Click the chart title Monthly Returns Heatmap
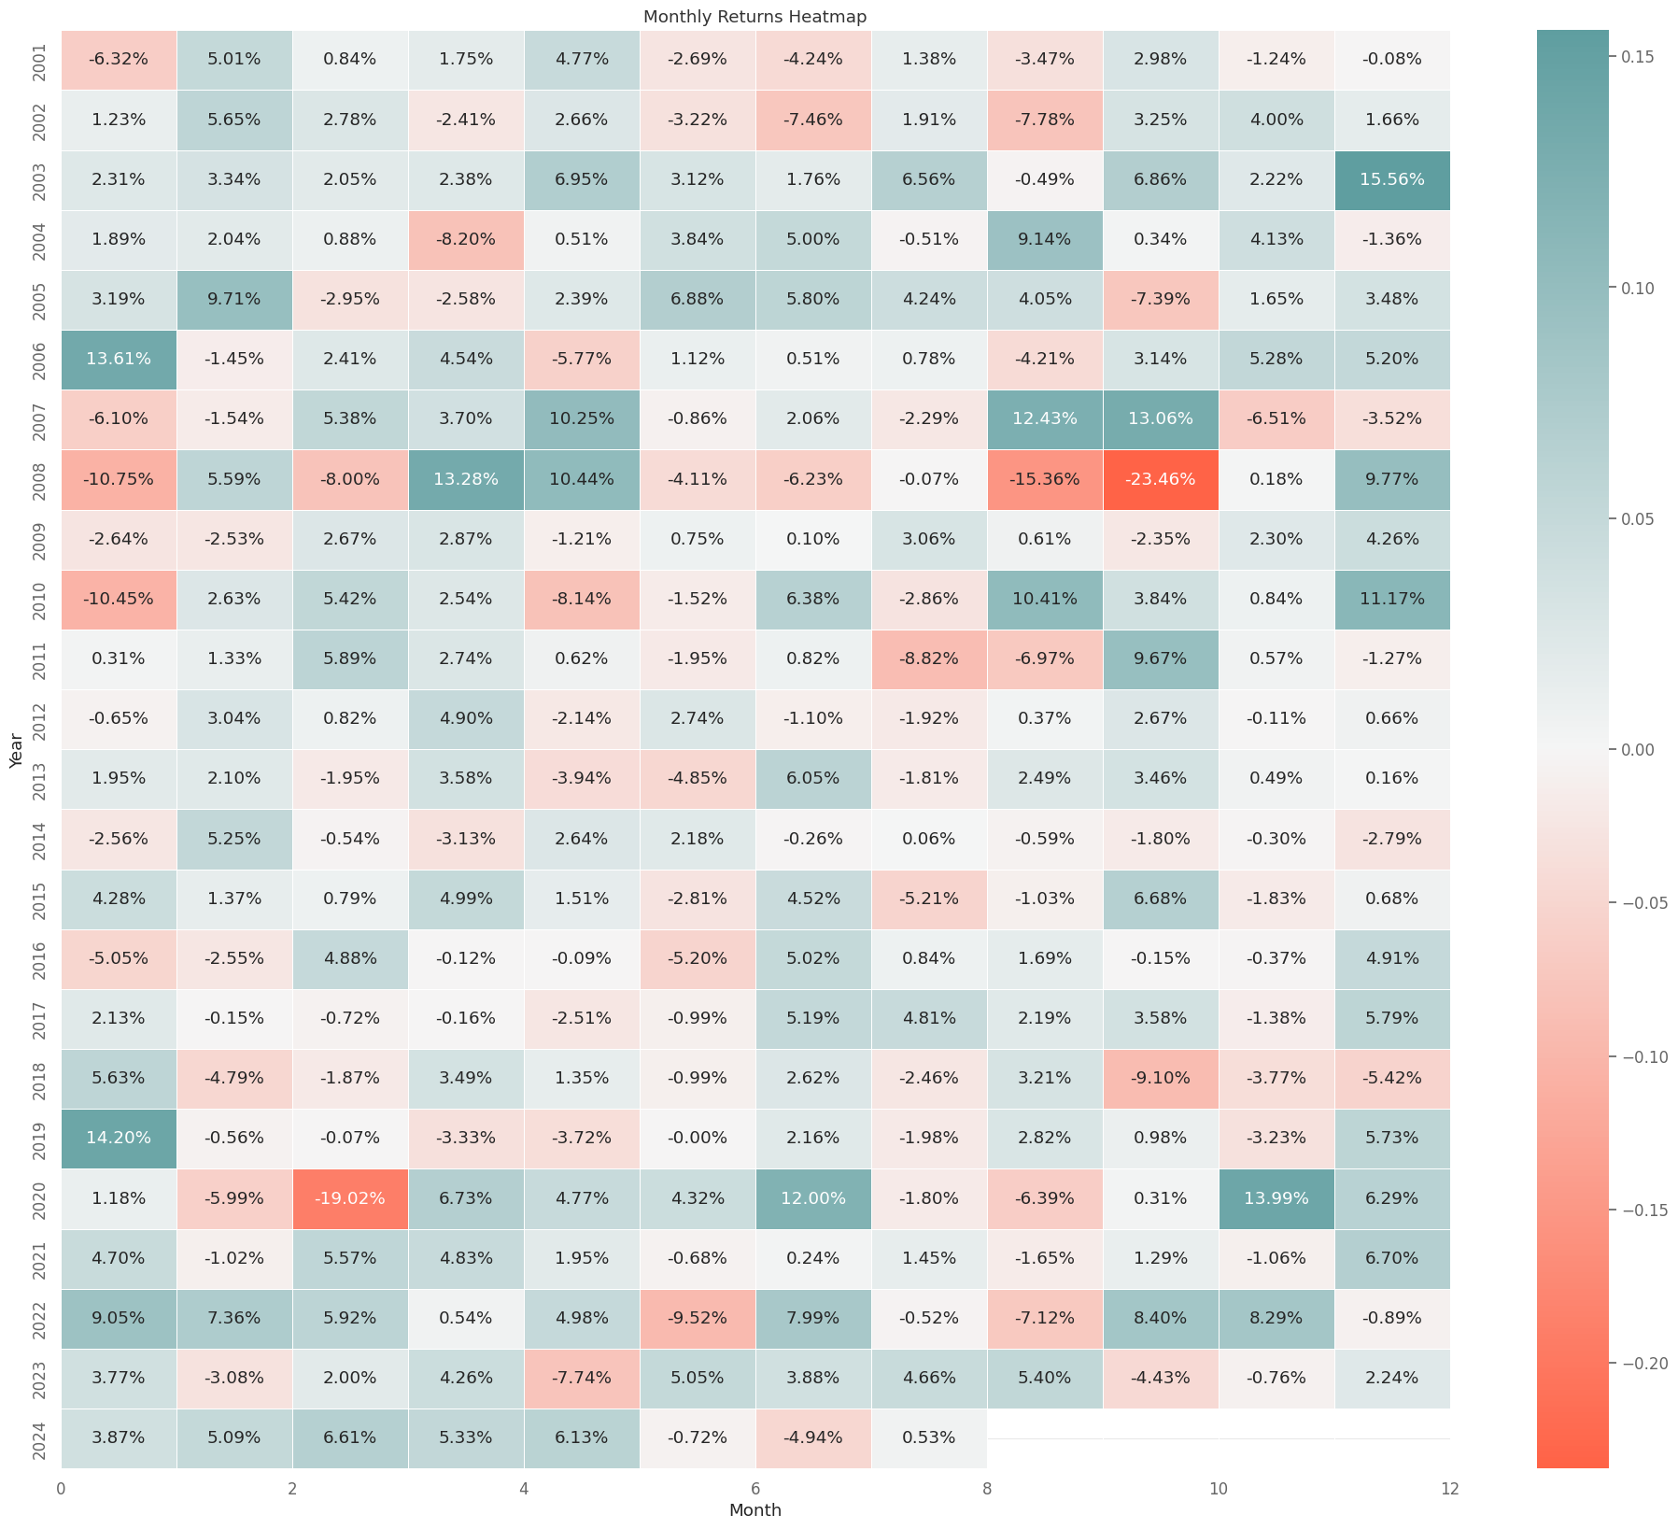coord(754,16)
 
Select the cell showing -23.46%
coord(1160,479)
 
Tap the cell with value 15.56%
coord(1391,179)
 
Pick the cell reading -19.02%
coord(349,1198)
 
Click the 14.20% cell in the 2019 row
coord(118,1138)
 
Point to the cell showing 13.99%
coord(1276,1198)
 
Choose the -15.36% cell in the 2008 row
coord(1044,479)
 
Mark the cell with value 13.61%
coord(118,359)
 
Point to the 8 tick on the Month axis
coord(987,1488)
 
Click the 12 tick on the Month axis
coord(1449,1488)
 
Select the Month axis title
coord(754,1510)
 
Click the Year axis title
coord(16,750)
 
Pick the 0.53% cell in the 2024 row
coord(928,1437)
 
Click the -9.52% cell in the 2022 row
coord(697,1318)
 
